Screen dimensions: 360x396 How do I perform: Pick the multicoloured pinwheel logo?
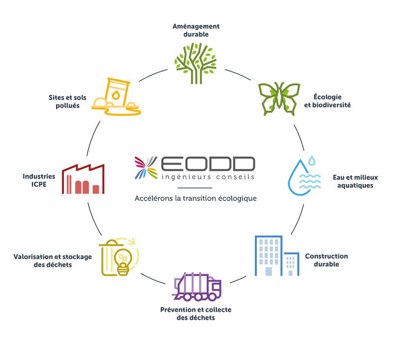coord(147,167)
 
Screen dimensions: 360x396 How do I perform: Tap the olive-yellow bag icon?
coord(116,259)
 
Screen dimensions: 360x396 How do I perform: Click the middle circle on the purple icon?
coord(198,297)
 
